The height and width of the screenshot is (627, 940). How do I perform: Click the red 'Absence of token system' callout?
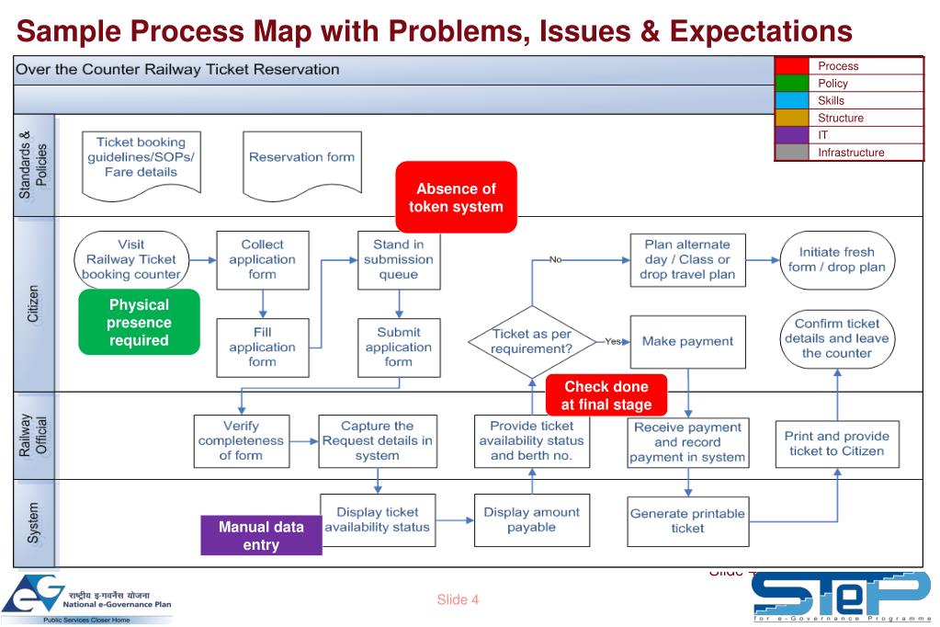(456, 197)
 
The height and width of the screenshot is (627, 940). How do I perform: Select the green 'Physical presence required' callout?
(139, 323)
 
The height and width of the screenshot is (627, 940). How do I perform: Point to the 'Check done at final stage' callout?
(606, 395)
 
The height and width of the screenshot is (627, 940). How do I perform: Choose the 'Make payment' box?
(687, 341)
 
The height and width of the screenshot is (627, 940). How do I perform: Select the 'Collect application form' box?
(262, 259)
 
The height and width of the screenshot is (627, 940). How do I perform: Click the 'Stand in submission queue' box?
(398, 259)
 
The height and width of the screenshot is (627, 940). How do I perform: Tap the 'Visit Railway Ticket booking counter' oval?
(132, 259)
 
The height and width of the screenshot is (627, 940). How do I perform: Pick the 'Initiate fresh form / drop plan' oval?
(836, 259)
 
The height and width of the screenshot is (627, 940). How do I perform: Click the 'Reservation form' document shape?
(301, 164)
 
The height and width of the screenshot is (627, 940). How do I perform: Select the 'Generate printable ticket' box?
(687, 520)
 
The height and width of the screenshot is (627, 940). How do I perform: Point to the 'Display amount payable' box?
(532, 519)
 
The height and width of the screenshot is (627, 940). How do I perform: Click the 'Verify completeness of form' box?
(241, 440)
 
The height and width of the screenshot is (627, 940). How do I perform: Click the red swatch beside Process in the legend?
(791, 66)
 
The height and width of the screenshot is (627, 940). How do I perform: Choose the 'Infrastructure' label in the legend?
(851, 153)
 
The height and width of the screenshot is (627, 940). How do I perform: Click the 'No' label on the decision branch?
(555, 260)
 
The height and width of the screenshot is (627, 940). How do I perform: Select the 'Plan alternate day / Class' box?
(687, 259)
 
